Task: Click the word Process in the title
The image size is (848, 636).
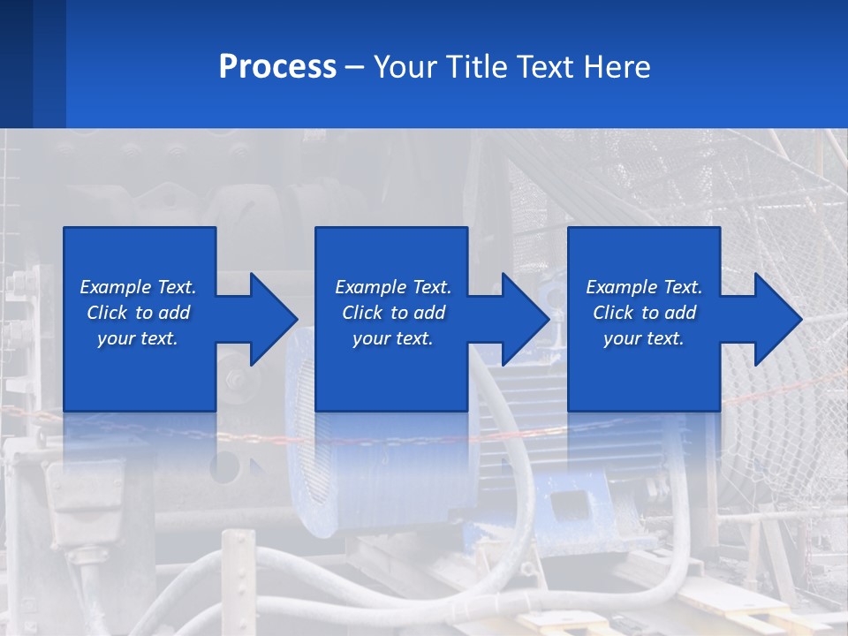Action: (x=277, y=67)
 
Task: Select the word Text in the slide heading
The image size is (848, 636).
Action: (x=544, y=67)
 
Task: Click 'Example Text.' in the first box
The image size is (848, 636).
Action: (x=138, y=287)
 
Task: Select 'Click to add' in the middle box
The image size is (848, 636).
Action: (x=393, y=313)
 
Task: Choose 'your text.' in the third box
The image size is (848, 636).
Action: (x=643, y=338)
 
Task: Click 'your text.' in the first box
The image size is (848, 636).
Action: (x=138, y=338)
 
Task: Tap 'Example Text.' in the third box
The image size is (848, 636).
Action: (x=644, y=287)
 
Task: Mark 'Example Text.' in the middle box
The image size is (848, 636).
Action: (x=393, y=287)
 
